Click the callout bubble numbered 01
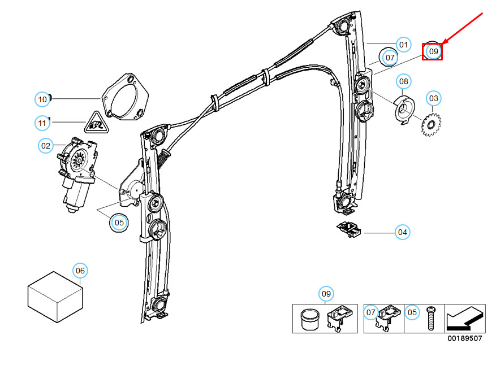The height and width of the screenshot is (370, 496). pyautogui.click(x=403, y=45)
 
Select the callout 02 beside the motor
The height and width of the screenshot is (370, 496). pyautogui.click(x=46, y=146)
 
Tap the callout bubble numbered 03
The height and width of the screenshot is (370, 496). pyautogui.click(x=433, y=98)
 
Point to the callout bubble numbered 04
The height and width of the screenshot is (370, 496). pyautogui.click(x=402, y=232)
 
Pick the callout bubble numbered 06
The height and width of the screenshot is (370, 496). pyautogui.click(x=80, y=271)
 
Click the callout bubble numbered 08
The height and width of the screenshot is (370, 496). pyautogui.click(x=403, y=82)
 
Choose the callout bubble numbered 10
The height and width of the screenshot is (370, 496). pyautogui.click(x=42, y=99)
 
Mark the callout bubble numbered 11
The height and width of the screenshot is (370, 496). pyautogui.click(x=42, y=122)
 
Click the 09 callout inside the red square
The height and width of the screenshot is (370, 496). pyautogui.click(x=433, y=51)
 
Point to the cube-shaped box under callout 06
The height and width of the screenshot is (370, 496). pyautogui.click(x=55, y=297)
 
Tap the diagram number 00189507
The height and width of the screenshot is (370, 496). pyautogui.click(x=464, y=338)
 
